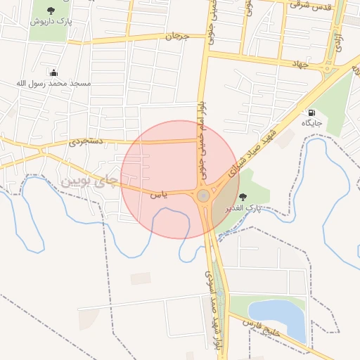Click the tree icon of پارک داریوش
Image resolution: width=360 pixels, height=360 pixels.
coord(51,10)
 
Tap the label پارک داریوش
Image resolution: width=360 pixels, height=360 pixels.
coord(51,22)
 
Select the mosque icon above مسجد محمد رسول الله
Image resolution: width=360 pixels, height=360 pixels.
coord(54,72)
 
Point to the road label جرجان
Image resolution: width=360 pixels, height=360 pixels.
coord(178,35)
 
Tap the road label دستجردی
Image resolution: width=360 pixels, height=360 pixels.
coord(86,141)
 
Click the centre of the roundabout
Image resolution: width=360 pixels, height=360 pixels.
coord(203,195)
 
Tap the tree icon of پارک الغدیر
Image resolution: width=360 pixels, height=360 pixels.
coord(243,197)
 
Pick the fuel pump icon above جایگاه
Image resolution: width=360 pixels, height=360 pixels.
coord(311,112)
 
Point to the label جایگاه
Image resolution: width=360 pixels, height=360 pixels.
coord(311,124)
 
